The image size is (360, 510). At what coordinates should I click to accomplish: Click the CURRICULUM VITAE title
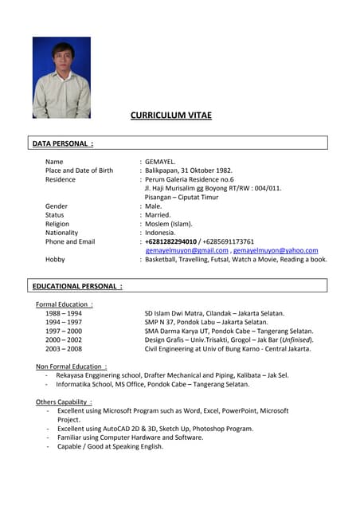pyautogui.click(x=171, y=116)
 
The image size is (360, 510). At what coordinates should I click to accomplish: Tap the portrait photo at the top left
pyautogui.click(x=61, y=77)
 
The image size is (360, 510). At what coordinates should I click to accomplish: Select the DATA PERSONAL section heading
pyautogui.click(x=63, y=143)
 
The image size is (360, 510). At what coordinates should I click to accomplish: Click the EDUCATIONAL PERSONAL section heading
pyautogui.click(x=77, y=285)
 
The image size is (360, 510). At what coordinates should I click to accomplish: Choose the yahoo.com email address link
pyautogui.click(x=276, y=250)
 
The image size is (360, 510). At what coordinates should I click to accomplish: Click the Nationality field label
pyautogui.click(x=62, y=233)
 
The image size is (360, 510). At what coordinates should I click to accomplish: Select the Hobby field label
pyautogui.click(x=55, y=259)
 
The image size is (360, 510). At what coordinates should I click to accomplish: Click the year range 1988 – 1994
pyautogui.click(x=64, y=313)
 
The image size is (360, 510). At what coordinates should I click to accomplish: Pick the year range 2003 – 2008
pyautogui.click(x=64, y=348)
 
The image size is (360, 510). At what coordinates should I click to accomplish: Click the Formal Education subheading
pyautogui.click(x=65, y=304)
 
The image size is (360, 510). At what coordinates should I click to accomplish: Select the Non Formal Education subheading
pyautogui.click(x=72, y=367)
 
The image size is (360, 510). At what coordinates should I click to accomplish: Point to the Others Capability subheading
pyautogui.click(x=64, y=402)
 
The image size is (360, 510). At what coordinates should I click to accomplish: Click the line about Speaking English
pyautogui.click(x=110, y=446)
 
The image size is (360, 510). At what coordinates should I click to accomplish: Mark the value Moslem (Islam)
pyautogui.click(x=169, y=224)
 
